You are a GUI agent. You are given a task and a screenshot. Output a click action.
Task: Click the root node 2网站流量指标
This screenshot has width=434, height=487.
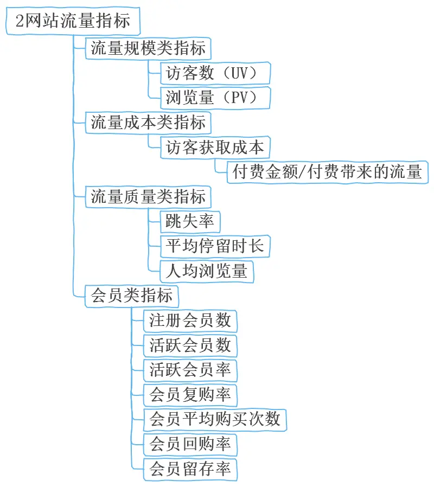point(72,22)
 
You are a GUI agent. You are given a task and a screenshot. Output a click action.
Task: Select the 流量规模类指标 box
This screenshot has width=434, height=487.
point(148,48)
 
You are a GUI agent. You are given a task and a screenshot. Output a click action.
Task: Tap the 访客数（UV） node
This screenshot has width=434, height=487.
point(215,73)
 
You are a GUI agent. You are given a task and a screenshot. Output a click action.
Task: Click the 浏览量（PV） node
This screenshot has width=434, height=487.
point(215,98)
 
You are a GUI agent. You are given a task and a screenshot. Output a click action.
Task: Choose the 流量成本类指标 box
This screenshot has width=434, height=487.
point(148,123)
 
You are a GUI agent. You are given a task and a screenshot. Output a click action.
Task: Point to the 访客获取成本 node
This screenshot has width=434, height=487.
point(215,147)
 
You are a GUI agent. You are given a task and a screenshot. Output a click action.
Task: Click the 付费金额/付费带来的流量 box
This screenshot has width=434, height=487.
point(327,172)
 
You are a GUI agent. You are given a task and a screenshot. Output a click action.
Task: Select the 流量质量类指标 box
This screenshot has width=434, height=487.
point(148,196)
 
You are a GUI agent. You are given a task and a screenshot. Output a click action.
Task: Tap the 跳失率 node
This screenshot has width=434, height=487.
point(190,221)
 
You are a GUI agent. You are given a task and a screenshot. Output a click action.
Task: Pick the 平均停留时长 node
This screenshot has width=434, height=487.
point(215,246)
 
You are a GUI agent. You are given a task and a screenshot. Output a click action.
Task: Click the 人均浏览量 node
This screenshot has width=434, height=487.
point(207,271)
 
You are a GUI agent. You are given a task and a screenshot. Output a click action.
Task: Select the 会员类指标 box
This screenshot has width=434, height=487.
point(132,296)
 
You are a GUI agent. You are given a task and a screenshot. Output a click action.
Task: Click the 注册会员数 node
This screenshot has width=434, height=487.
point(190,321)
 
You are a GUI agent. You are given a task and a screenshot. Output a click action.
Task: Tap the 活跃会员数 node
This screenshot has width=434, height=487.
point(190,345)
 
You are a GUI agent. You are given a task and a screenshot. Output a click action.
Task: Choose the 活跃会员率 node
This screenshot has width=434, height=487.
point(190,370)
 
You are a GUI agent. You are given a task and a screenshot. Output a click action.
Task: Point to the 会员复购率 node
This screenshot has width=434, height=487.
point(190,394)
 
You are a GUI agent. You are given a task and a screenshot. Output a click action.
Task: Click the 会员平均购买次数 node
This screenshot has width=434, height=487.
point(215,419)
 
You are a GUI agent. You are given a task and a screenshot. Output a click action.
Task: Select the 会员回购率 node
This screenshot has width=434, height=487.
point(190,444)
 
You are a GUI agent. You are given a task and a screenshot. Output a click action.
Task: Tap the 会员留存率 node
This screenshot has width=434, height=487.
point(190,469)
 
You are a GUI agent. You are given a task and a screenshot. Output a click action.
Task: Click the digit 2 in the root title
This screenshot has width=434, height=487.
point(19,22)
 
